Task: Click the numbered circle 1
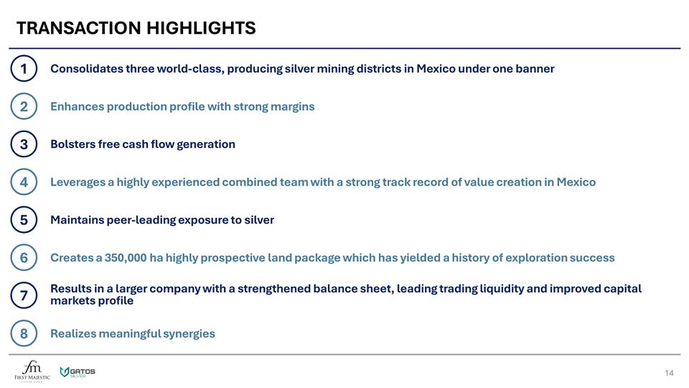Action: pyautogui.click(x=24, y=69)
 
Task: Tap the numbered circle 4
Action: pyautogui.click(x=24, y=183)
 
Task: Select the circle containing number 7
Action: pyautogui.click(x=24, y=295)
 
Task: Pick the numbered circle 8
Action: pyautogui.click(x=24, y=333)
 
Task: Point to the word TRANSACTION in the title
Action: pyautogui.click(x=79, y=28)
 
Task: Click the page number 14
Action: pyautogui.click(x=669, y=372)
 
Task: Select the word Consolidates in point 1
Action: pyautogui.click(x=86, y=69)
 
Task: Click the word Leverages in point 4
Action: pyautogui.click(x=78, y=183)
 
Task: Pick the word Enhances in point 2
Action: pyautogui.click(x=77, y=106)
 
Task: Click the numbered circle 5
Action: pyautogui.click(x=24, y=220)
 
